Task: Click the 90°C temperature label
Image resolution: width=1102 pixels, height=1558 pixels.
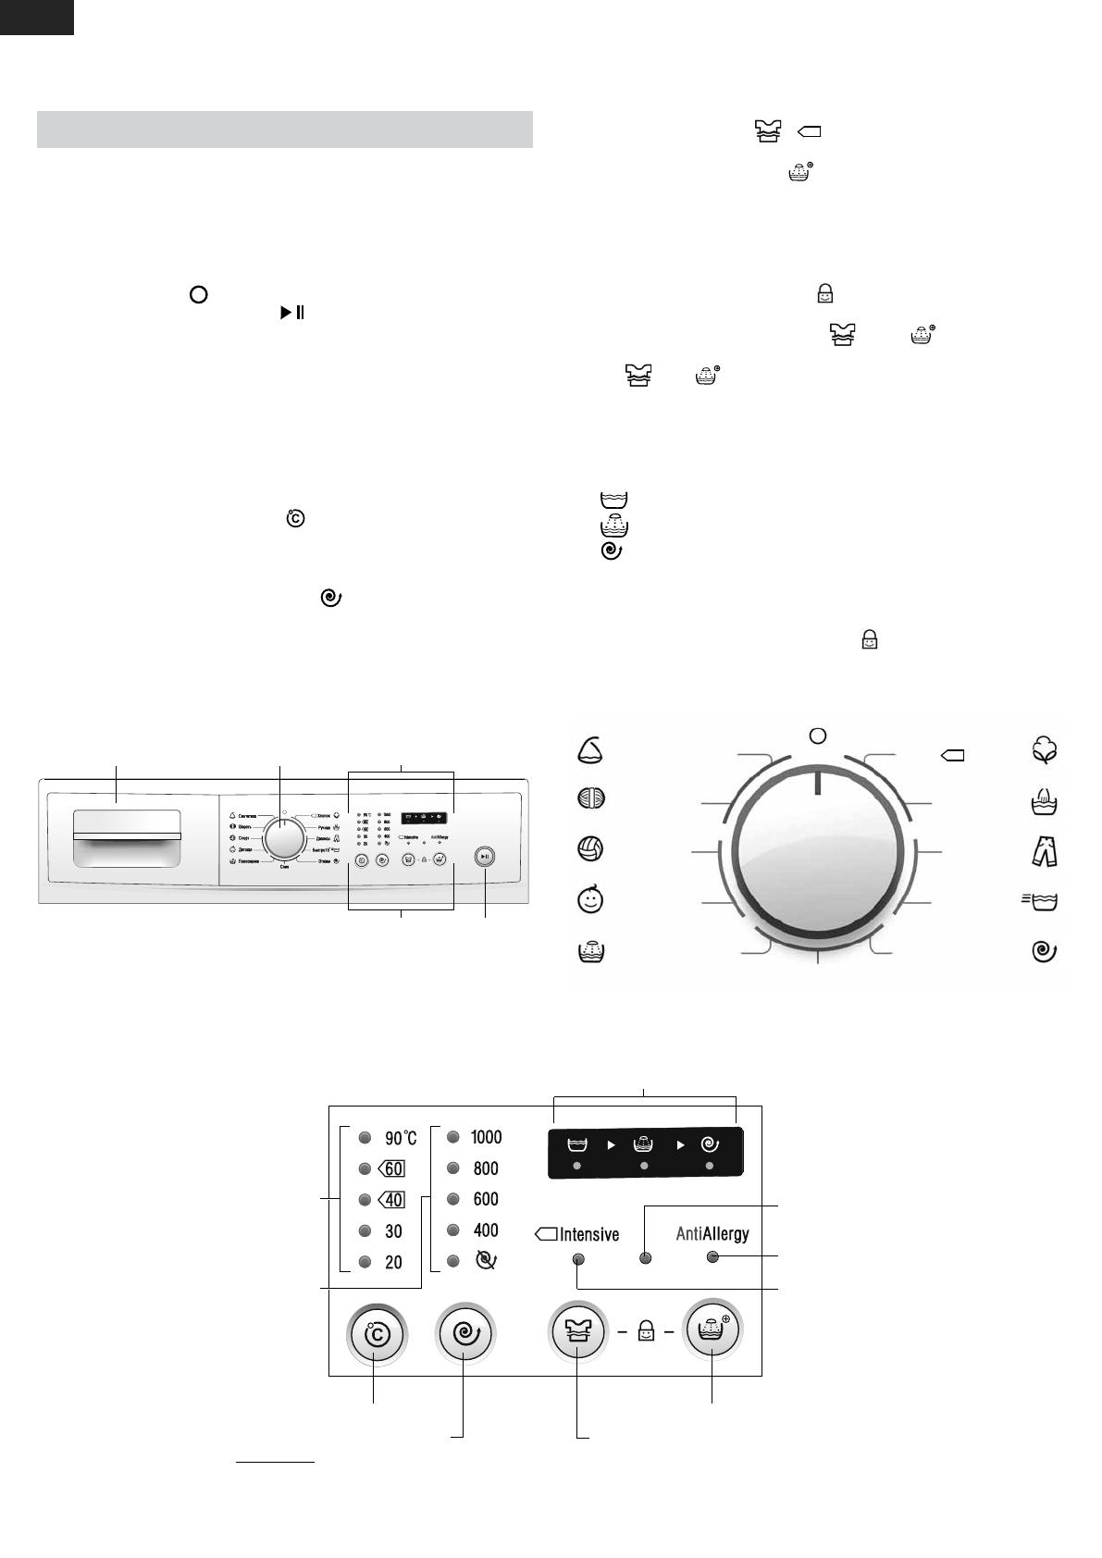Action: [x=401, y=1138]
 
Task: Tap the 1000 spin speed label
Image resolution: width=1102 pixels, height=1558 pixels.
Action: [x=486, y=1137]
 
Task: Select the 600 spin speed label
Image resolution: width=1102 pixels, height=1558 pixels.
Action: [x=486, y=1199]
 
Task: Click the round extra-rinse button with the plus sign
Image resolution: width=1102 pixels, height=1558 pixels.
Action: [x=712, y=1332]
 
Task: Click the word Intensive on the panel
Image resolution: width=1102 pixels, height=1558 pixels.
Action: [x=588, y=1234]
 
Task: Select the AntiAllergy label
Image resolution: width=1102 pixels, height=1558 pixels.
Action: [x=712, y=1233]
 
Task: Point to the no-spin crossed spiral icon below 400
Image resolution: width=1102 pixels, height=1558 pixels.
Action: [x=485, y=1261]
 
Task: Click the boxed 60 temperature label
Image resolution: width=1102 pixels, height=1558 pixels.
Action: [x=392, y=1168]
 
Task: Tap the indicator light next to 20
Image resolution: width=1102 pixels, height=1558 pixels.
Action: [x=365, y=1262]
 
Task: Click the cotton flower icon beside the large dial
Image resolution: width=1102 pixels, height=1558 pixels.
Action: [x=1045, y=750]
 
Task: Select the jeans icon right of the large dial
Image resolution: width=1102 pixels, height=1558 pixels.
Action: [x=1045, y=849]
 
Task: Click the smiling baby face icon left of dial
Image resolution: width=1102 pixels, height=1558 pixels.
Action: [x=590, y=899]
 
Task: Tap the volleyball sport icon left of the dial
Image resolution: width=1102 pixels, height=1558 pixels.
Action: [x=590, y=848]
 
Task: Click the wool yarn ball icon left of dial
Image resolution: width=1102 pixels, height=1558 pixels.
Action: [x=590, y=798]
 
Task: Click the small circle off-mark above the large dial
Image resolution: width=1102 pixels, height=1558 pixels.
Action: [x=817, y=736]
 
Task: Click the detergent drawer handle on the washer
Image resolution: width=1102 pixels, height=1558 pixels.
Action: [x=127, y=836]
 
